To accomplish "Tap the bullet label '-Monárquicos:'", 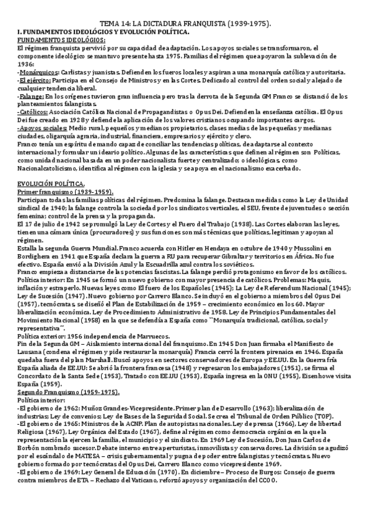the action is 34,72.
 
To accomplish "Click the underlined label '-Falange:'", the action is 30,97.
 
